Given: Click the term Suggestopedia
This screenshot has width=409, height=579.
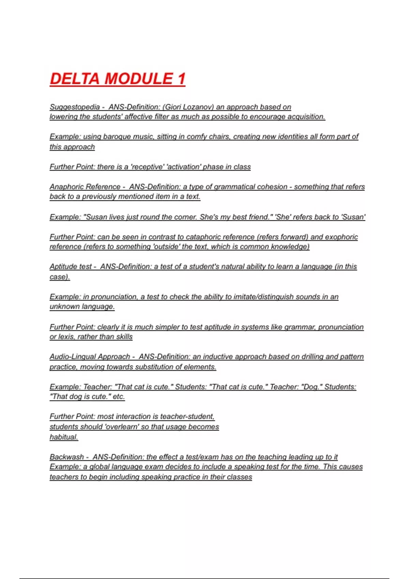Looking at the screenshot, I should click(75, 107).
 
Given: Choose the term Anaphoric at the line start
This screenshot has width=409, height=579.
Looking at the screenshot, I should click(67, 187).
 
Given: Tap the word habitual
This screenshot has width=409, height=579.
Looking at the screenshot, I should click(64, 437).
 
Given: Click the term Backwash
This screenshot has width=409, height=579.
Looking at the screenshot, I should click(67, 457).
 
